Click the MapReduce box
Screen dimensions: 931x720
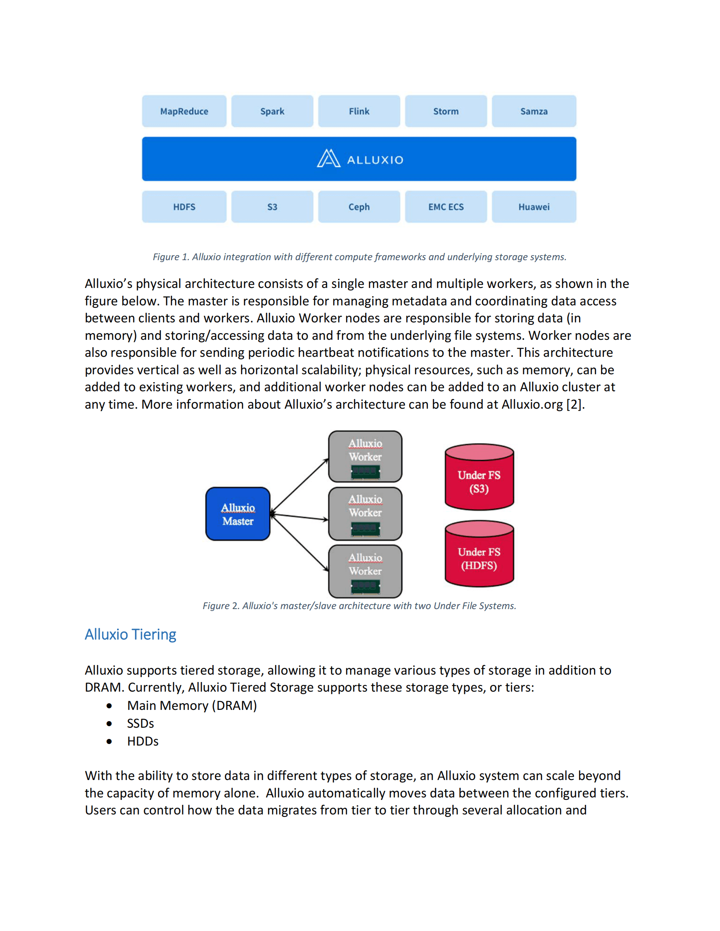point(184,111)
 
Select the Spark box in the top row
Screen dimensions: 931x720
point(272,111)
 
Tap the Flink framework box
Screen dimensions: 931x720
point(359,111)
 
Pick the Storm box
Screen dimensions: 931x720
point(446,111)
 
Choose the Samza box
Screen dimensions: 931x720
point(534,111)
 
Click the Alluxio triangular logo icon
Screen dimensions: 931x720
point(328,158)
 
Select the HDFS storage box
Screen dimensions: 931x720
point(184,207)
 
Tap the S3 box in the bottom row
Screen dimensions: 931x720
point(272,207)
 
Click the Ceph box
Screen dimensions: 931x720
point(359,207)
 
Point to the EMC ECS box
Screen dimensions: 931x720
point(446,207)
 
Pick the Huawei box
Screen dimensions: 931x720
point(534,207)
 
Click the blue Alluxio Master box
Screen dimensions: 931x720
point(238,514)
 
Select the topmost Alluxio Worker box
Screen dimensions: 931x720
point(365,456)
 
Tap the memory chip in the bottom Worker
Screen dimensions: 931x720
point(365,587)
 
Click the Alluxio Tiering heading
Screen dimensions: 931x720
point(130,634)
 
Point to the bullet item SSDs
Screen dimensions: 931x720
point(140,724)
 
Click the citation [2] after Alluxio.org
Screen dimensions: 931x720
point(574,404)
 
